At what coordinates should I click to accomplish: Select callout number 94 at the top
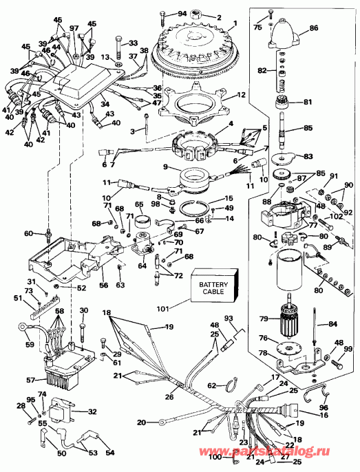[x=182, y=13]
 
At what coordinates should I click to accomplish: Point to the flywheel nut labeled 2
[x=200, y=13]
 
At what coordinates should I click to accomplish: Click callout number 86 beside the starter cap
[x=313, y=30]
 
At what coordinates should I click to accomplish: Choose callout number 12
[x=240, y=94]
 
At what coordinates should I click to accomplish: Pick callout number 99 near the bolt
[x=348, y=350]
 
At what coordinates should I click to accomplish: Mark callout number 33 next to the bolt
[x=134, y=43]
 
